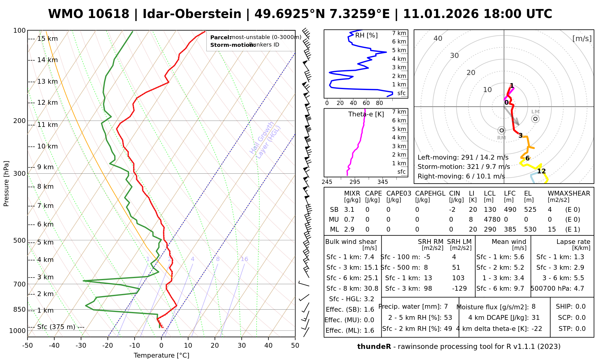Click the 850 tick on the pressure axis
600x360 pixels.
[x=19, y=309]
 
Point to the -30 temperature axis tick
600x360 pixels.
[x=81, y=346]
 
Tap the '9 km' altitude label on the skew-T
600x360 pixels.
[x=45, y=167]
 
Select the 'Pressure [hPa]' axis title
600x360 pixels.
[x=6, y=184]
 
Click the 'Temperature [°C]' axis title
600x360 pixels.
[x=161, y=355]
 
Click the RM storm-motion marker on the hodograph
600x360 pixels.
[x=501, y=130]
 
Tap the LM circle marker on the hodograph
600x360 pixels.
[x=535, y=119]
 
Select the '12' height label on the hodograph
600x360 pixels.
[x=541, y=171]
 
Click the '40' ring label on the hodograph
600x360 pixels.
[x=438, y=38]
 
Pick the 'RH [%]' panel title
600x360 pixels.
[x=366, y=35]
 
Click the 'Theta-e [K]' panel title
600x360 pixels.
[x=366, y=114]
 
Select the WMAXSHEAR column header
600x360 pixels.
[x=569, y=193]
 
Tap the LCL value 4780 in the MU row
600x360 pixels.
[x=492, y=220]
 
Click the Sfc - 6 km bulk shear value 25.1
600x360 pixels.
[x=371, y=278]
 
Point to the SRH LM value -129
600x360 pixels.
[x=459, y=289]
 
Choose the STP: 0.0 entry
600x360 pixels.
[x=572, y=329]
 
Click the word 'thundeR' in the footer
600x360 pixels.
[x=374, y=347]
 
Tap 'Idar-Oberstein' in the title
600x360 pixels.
[x=192, y=14]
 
